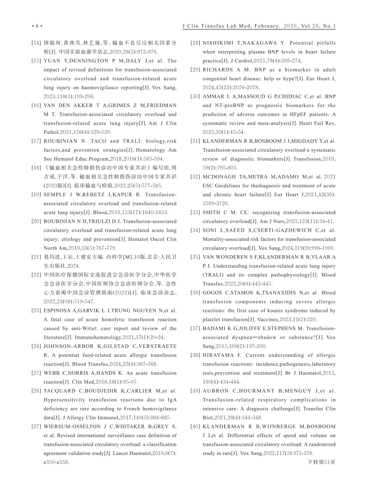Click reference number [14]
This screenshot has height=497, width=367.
37,43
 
